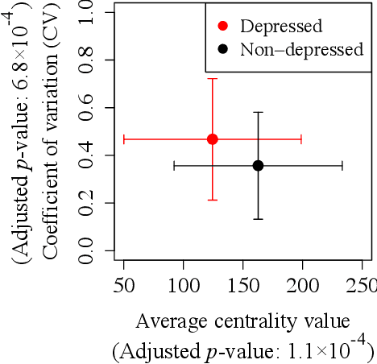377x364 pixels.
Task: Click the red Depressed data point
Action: point(213,139)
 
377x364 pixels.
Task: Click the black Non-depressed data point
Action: point(258,165)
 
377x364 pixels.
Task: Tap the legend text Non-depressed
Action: point(301,50)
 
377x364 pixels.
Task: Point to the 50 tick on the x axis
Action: point(124,287)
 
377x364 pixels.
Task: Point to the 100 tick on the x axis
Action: point(184,287)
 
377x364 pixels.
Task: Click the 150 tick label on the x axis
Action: point(243,287)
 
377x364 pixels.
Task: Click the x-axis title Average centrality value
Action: point(242,321)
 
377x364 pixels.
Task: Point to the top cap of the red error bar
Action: point(213,78)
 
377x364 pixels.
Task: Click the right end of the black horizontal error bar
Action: point(342,165)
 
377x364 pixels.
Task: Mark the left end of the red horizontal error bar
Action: point(123,139)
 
